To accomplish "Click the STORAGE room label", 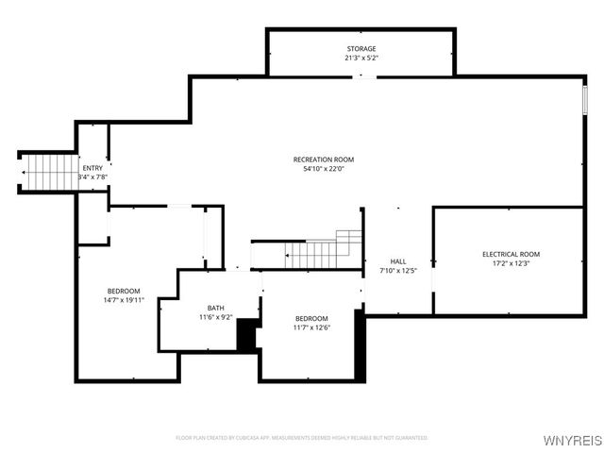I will tap(361, 48).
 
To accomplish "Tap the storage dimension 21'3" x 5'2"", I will tap(361, 58).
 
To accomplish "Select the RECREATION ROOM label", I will tap(323, 159).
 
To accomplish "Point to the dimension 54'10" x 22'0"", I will tap(323, 170).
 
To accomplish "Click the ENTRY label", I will tap(92, 168).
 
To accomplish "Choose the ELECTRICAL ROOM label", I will tap(511, 254).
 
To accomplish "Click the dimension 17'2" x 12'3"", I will tap(511, 263).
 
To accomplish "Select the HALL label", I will tap(398, 261).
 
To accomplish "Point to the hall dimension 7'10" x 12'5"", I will tap(398, 271).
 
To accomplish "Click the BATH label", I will tap(216, 308).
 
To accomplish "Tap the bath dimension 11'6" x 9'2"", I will tap(216, 317).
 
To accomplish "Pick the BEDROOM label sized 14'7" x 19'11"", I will tap(123, 291).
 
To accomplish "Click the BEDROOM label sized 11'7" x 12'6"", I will tap(310, 318).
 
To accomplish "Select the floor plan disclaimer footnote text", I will tap(301, 438).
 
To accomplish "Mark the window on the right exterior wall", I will tap(585, 98).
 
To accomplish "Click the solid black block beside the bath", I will tap(248, 336).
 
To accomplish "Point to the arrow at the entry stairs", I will tap(23, 173).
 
